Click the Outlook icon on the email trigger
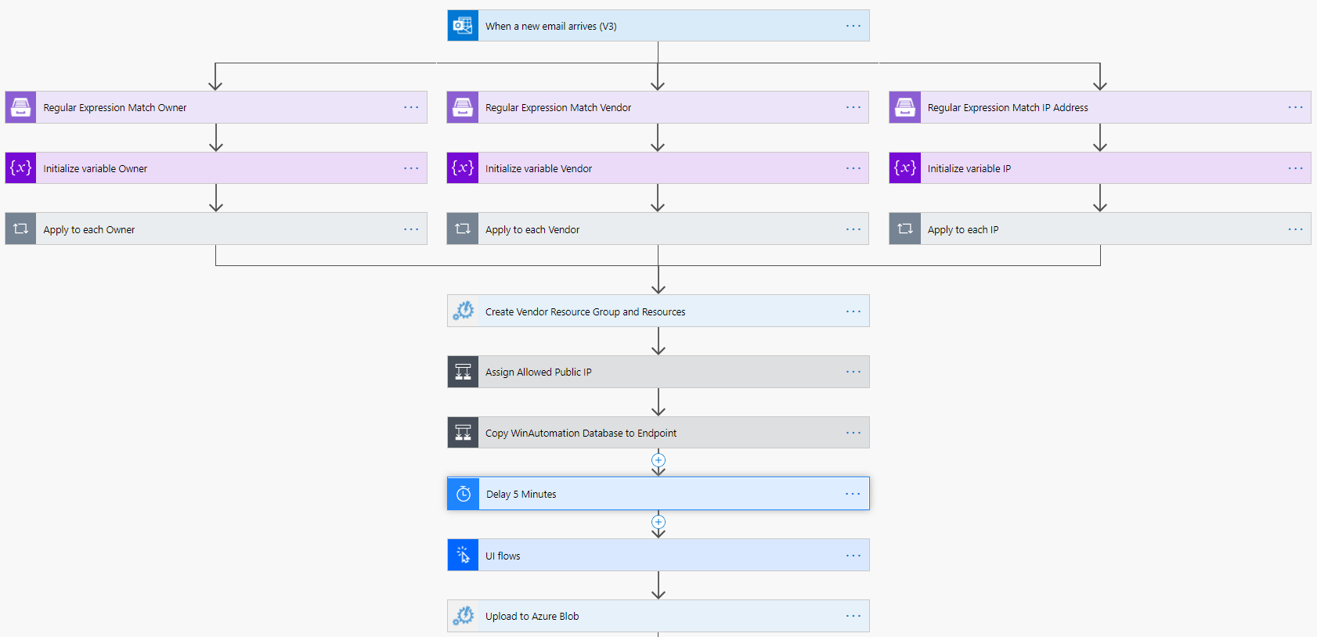click(x=463, y=26)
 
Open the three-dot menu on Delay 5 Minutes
click(x=853, y=494)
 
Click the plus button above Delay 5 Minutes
click(x=658, y=460)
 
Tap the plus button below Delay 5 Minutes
click(x=658, y=522)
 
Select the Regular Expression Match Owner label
click(x=115, y=108)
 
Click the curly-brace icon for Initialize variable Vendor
click(x=463, y=168)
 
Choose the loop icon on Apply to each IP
click(x=905, y=229)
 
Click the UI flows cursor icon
click(x=463, y=556)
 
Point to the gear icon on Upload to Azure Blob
click(x=463, y=617)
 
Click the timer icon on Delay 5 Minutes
click(x=464, y=494)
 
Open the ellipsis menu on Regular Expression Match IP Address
click(x=1295, y=108)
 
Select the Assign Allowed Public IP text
click(x=539, y=372)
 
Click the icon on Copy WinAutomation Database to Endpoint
click(x=463, y=433)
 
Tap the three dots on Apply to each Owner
click(x=411, y=229)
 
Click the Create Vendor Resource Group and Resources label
click(x=585, y=311)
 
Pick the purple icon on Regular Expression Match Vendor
click(x=463, y=108)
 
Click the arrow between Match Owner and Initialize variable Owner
click(x=216, y=138)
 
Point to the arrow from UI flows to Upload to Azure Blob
click(x=658, y=585)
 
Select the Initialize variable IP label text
click(x=969, y=169)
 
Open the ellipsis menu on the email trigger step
click(x=853, y=26)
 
